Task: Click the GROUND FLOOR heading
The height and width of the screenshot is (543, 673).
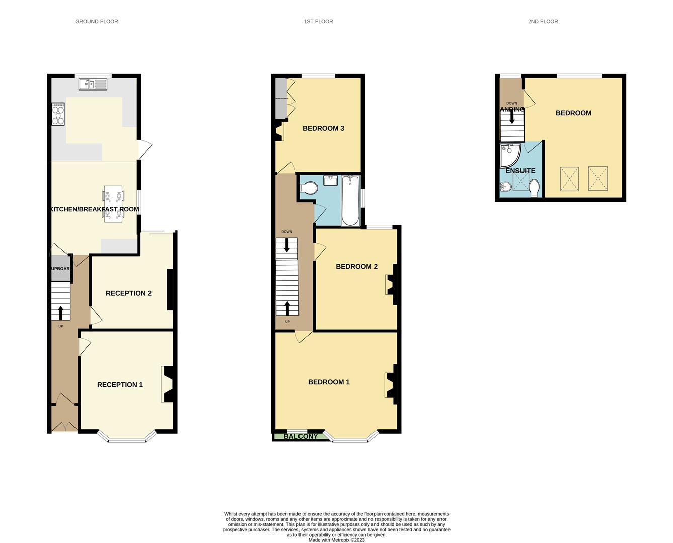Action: (96, 21)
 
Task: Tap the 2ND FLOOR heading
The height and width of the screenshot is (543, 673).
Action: (543, 21)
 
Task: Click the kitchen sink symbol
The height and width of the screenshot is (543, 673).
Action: (93, 84)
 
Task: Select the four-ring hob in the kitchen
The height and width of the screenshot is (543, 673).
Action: (58, 114)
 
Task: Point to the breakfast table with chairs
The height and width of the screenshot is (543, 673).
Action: (113, 204)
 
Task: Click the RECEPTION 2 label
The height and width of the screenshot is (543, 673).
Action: (128, 293)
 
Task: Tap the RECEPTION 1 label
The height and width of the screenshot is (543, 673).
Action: (120, 385)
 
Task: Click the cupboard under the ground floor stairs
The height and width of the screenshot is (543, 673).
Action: (60, 268)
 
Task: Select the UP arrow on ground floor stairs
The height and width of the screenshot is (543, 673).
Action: (61, 313)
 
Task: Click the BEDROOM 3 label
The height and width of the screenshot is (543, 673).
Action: (323, 128)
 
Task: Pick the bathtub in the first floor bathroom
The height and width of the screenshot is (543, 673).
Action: (350, 201)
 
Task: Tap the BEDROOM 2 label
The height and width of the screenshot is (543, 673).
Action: (356, 266)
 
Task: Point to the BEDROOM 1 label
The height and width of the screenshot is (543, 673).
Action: (329, 382)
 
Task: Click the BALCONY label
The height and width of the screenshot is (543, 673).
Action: (301, 436)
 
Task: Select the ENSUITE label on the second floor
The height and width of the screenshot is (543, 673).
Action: (520, 171)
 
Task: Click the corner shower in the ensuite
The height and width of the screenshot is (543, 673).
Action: (509, 156)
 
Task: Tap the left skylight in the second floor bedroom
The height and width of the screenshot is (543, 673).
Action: (569, 179)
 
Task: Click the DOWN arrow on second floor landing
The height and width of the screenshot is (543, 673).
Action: (512, 117)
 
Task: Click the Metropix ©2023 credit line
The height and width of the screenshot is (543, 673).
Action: (336, 540)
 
